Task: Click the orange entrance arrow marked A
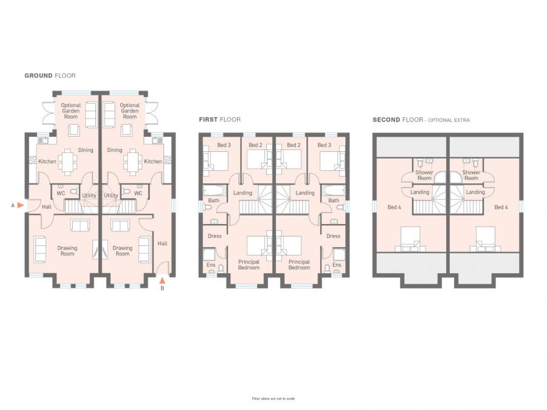tap(21, 205)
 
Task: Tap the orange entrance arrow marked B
tap(162, 280)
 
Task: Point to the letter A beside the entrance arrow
tap(13, 205)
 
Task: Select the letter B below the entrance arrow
tap(162, 289)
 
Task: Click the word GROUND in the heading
tap(38, 76)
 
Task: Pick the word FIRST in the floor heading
tap(208, 120)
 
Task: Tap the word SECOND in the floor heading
tap(386, 120)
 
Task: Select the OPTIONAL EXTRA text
tap(449, 120)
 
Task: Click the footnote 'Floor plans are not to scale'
tap(273, 398)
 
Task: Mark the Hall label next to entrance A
tap(47, 207)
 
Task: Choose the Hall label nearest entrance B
tap(162, 244)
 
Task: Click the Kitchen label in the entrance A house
tap(47, 162)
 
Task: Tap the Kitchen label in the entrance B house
tap(153, 162)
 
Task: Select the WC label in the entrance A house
tap(61, 193)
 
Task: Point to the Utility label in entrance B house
tap(111, 196)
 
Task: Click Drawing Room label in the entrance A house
tap(67, 251)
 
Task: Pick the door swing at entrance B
tap(163, 268)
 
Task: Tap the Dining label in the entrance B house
tap(114, 150)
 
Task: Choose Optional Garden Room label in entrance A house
tap(71, 111)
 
